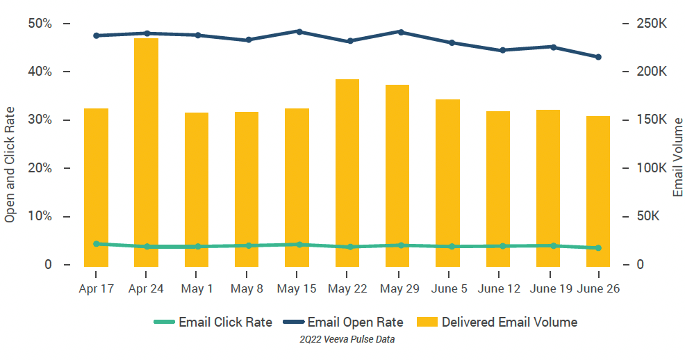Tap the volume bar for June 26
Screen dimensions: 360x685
tap(598, 190)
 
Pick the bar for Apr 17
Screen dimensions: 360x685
tap(96, 187)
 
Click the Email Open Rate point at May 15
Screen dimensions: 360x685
tap(299, 31)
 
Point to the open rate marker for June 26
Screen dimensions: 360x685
tap(598, 57)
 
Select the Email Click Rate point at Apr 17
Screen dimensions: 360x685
tap(96, 244)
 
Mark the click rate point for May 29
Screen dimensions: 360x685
tap(400, 245)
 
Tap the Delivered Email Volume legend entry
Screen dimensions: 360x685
tap(497, 322)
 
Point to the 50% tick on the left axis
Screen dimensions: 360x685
tap(40, 24)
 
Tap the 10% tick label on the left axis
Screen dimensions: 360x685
tap(40, 216)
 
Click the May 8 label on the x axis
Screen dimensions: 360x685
tap(247, 289)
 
